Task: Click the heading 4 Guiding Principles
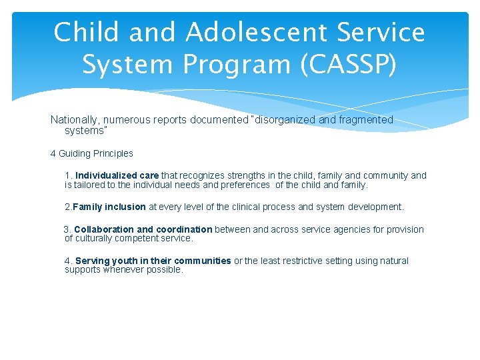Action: [92, 153]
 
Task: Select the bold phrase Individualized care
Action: [117, 175]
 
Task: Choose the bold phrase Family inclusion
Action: [109, 207]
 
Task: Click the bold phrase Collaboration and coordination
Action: [143, 229]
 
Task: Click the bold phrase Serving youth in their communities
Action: [153, 261]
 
